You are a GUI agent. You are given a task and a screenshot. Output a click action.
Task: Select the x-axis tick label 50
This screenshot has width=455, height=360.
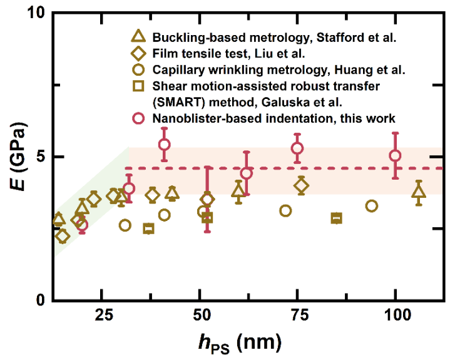coord(200,314)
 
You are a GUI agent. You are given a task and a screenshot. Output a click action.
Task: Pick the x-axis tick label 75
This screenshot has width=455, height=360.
coord(298,314)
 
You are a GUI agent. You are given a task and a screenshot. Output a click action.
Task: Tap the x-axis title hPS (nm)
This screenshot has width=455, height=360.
coord(235,342)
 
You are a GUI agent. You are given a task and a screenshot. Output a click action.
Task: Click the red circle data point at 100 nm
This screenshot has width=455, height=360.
coord(395,155)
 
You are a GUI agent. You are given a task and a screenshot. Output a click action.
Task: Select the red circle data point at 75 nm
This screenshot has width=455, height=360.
coord(297,148)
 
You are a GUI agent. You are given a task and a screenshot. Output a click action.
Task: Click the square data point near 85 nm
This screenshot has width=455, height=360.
coord(337,218)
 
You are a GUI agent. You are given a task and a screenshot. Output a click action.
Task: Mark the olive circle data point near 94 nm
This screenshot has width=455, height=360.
coord(372,206)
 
